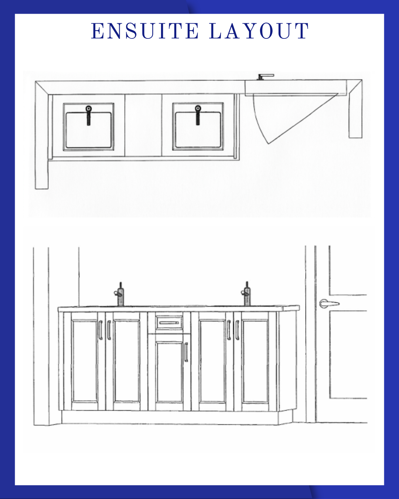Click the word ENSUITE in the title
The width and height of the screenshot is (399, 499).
[145, 31]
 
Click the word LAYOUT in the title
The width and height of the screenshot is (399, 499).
[259, 31]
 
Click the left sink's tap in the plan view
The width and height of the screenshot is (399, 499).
[89, 115]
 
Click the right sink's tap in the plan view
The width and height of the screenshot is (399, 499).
[198, 115]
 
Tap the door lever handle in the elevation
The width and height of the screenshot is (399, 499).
[329, 303]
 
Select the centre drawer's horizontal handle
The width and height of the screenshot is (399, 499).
[169, 323]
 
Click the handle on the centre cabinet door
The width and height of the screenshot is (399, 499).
[186, 352]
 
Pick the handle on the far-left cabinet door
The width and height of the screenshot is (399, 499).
[100, 330]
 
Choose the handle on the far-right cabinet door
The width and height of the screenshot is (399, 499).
[237, 330]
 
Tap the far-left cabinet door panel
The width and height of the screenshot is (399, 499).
[85, 361]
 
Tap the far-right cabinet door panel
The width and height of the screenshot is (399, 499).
[255, 361]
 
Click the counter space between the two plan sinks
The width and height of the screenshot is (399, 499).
[143, 125]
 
